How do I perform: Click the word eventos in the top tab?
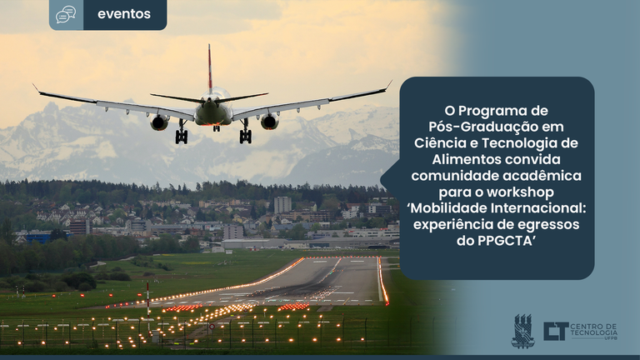124,14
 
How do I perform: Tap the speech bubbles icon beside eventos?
66,14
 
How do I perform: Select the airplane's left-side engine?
160,122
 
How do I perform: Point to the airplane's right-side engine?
269,121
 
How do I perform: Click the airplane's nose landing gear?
217,128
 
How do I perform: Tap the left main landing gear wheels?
182,136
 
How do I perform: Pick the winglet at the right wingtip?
388,84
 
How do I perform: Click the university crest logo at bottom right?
522,331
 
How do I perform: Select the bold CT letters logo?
556,331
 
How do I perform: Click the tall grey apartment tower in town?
282,205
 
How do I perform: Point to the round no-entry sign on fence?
212,327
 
